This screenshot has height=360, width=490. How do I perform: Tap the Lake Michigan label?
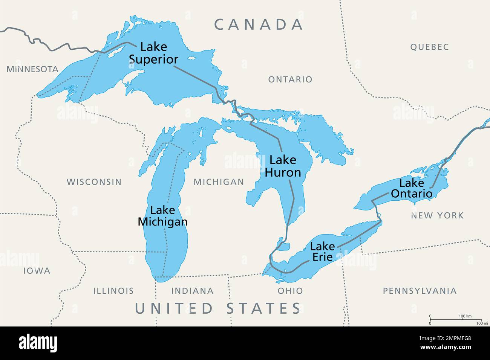[x=162, y=216]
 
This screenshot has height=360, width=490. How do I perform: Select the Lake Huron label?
[x=283, y=166]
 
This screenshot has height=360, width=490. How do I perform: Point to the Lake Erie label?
[x=322, y=252]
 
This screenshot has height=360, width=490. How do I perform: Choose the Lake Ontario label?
[x=412, y=188]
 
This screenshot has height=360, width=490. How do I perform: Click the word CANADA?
[x=259, y=24]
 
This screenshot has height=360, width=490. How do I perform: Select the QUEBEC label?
[x=429, y=47]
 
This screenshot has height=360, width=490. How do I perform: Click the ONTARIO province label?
[x=290, y=79]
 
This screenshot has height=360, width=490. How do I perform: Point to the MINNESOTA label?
[x=32, y=69]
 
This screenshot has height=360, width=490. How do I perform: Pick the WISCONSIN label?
[x=94, y=182]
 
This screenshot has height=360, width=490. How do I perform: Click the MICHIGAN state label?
[x=219, y=182]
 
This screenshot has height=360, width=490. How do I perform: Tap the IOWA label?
[x=37, y=271]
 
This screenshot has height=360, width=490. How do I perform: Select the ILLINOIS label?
[x=113, y=291]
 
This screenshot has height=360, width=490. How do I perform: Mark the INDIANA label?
[x=192, y=291]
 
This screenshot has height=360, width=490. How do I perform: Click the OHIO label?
[x=290, y=291]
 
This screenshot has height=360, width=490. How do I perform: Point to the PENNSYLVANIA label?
[x=420, y=291]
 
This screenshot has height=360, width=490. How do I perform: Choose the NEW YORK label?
[x=437, y=215]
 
